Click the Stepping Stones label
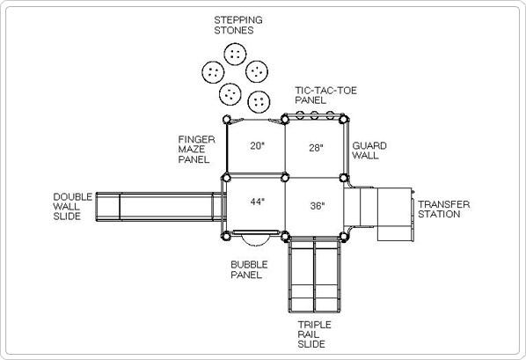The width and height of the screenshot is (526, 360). pyautogui.click(x=238, y=26)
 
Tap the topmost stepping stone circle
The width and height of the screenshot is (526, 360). pyautogui.click(x=235, y=54)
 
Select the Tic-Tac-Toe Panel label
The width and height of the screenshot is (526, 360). pyautogui.click(x=325, y=95)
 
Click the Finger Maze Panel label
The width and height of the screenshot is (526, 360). pyautogui.click(x=196, y=150)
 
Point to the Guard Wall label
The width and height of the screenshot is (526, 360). pyautogui.click(x=369, y=151)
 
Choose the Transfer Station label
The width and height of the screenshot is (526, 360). pyautogui.click(x=444, y=209)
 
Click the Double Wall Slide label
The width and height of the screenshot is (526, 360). pyautogui.click(x=72, y=207)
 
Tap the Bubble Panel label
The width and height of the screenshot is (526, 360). pyautogui.click(x=249, y=269)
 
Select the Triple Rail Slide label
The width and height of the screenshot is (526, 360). pyautogui.click(x=314, y=334)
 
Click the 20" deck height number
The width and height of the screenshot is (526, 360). pyautogui.click(x=258, y=146)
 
